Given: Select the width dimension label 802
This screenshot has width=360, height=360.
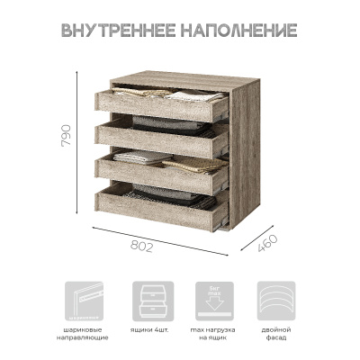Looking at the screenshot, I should click(x=142, y=245).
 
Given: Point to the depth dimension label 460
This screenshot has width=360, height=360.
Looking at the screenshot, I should click(x=266, y=243).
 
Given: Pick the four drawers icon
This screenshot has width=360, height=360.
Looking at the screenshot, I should click(x=152, y=299).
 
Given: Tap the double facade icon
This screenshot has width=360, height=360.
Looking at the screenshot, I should click(x=276, y=299).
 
